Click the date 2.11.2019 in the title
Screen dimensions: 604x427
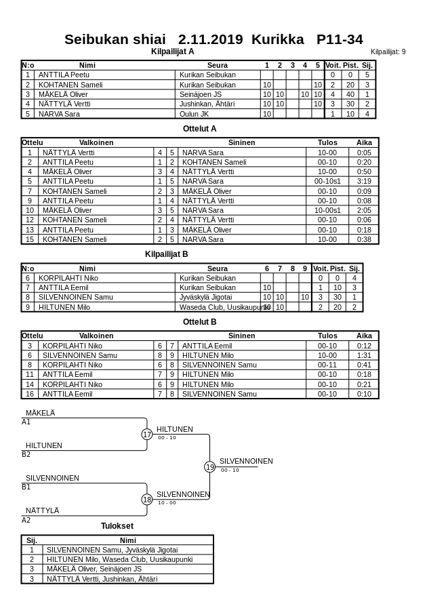(210, 39)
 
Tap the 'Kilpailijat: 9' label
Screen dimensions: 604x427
(388, 52)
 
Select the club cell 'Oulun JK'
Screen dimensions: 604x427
(195, 114)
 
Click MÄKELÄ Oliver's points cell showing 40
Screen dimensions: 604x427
(350, 94)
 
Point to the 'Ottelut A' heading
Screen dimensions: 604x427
(200, 128)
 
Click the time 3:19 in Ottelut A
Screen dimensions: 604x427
(364, 182)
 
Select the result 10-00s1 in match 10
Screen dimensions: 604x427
(327, 210)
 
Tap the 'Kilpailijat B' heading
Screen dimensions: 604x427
(166, 254)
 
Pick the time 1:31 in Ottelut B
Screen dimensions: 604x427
(364, 355)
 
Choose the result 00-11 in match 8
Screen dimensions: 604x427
(327, 365)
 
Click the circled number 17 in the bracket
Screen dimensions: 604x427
(147, 435)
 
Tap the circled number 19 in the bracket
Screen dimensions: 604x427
(210, 467)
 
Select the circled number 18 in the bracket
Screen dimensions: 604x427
(147, 500)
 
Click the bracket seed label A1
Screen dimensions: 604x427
(26, 422)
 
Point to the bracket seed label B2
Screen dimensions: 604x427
(26, 455)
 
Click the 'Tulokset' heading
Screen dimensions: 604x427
(117, 526)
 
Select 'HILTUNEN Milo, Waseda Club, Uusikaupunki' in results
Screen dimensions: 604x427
(119, 559)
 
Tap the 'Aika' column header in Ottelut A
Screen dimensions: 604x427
(364, 143)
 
